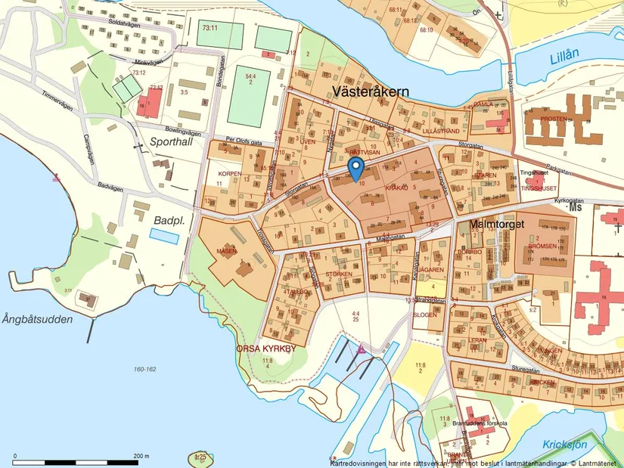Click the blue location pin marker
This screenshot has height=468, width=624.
[x=355, y=168]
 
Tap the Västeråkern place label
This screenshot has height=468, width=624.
[x=371, y=91]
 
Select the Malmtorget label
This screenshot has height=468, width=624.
[x=497, y=225]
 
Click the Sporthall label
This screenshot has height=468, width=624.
[x=172, y=141]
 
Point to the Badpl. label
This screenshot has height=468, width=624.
[x=169, y=220]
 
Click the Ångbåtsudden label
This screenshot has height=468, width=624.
[x=37, y=319]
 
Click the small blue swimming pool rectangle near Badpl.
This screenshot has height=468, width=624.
[x=164, y=236]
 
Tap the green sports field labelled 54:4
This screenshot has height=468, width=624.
[x=249, y=96]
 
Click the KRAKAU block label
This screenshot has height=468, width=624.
[x=396, y=187]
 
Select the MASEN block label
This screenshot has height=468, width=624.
[x=226, y=250]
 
